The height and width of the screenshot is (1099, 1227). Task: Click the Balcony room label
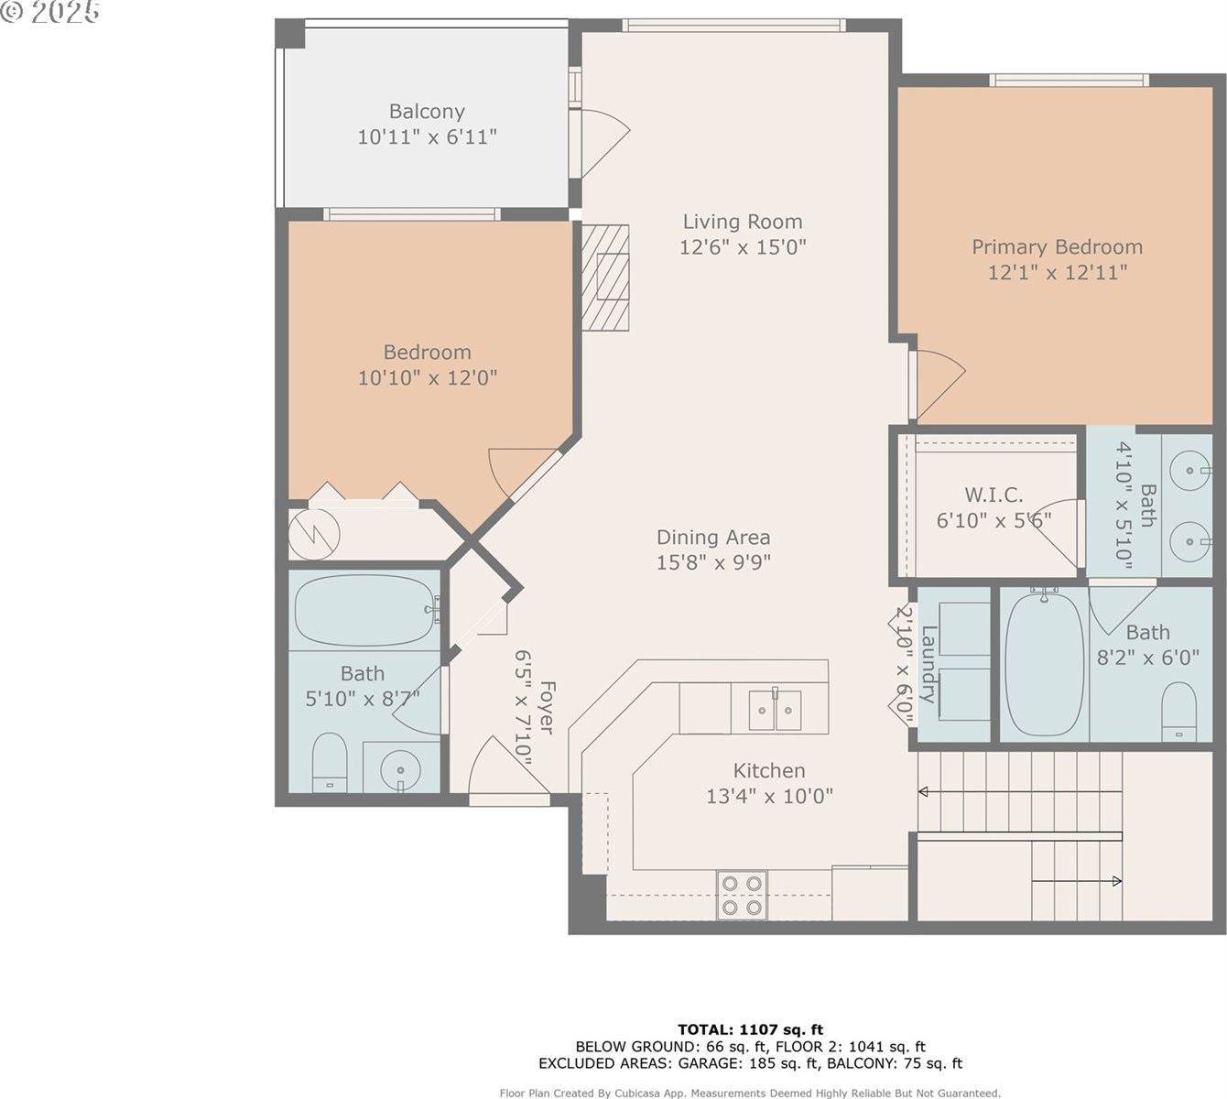pos(427,112)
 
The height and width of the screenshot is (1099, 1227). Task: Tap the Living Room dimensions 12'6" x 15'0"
pos(743,247)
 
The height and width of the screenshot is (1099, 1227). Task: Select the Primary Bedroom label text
pos(1058,247)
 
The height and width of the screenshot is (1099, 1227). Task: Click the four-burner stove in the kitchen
pos(742,895)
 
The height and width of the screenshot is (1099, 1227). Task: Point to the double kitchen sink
pos(776,710)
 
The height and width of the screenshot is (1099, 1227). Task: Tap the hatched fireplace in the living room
pos(605,277)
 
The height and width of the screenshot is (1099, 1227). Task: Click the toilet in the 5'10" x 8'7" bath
pos(330,762)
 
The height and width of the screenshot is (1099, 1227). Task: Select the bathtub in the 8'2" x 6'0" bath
pos(1044,664)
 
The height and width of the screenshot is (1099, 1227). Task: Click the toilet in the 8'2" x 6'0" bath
pos(1179,711)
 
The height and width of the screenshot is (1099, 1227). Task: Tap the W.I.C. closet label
pos(994,495)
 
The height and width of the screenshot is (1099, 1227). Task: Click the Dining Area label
pos(713,538)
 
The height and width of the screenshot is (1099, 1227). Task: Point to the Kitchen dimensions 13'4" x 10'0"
pos(769,796)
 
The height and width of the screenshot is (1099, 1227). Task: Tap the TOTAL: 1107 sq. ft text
pos(750,1029)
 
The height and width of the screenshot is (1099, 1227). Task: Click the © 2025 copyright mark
pos(50,12)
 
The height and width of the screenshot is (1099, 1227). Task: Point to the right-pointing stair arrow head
pos(1117,882)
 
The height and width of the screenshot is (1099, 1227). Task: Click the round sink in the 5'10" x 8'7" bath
pos(400,770)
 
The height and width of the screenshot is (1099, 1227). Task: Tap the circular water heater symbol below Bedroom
pos(314,534)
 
